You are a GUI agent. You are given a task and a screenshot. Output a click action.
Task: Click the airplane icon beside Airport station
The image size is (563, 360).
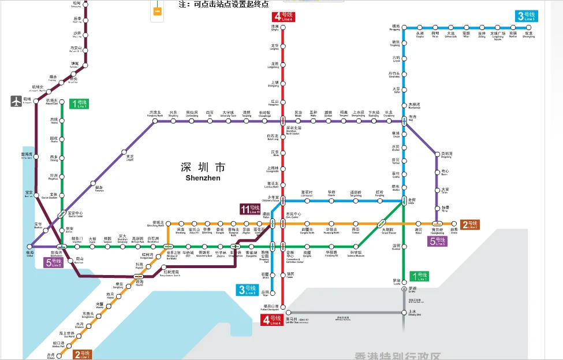click(x=16, y=101)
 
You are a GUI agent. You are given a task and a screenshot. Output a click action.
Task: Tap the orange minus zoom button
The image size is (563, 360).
click(x=156, y=11)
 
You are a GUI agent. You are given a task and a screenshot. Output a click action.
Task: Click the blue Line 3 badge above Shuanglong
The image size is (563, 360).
click(x=525, y=16)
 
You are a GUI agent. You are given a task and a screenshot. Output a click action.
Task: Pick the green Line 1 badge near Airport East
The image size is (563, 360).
click(x=79, y=104)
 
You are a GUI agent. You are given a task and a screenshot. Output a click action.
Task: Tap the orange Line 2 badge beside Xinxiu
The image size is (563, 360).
click(x=469, y=224)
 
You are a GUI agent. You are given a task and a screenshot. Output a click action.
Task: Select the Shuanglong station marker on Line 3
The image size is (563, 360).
click(x=528, y=27)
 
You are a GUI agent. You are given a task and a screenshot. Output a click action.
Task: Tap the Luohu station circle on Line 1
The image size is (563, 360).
click(x=404, y=281)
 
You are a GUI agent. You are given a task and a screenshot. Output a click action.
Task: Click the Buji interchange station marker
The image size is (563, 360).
click(x=404, y=121)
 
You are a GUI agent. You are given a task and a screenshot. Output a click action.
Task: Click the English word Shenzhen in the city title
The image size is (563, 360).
click(x=203, y=179)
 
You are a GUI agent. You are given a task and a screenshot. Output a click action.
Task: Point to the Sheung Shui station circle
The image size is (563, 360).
click(x=404, y=313)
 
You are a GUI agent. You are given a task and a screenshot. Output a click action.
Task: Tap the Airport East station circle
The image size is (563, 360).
click(x=62, y=101)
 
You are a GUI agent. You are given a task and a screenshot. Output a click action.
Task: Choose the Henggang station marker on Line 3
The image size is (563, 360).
click(x=404, y=27)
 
